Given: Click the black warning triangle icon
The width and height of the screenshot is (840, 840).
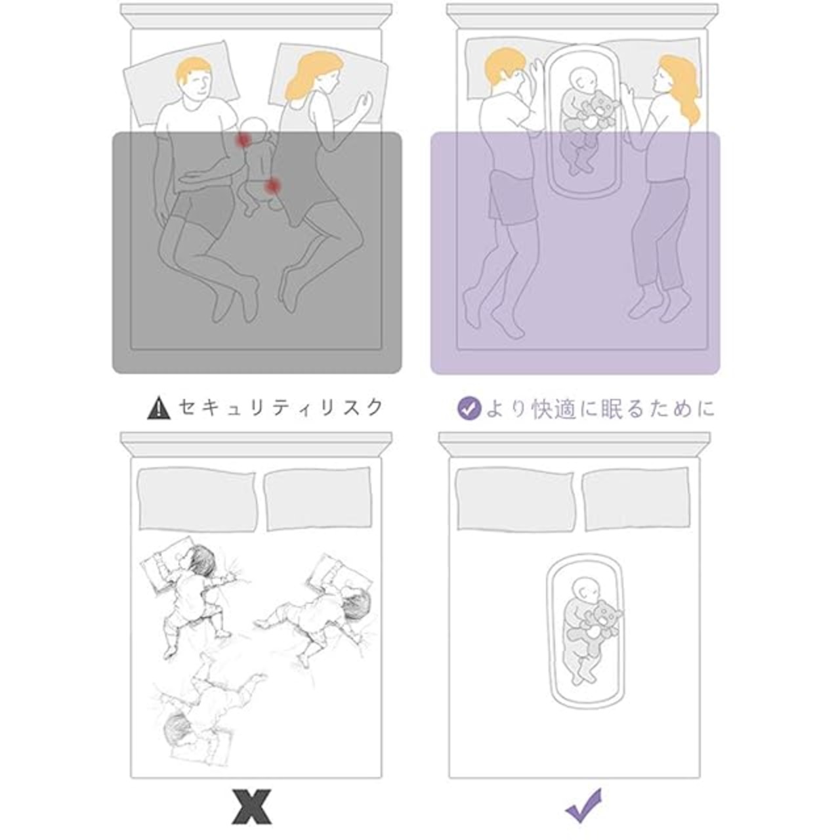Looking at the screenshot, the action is coord(159,408).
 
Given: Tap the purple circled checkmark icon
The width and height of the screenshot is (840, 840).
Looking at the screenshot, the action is coord(469,408).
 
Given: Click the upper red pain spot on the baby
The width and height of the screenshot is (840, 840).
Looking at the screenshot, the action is coord(242,140).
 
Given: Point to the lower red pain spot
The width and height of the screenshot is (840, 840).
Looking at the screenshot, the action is coord(273,186).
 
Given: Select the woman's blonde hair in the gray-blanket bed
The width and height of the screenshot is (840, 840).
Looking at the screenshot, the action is coord(310,76).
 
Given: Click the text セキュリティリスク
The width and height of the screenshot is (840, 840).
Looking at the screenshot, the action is coord(281,408).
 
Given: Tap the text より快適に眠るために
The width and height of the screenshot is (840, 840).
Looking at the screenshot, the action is coord(600,409).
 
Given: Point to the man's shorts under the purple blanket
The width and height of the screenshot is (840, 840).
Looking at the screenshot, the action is coord(513,197).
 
